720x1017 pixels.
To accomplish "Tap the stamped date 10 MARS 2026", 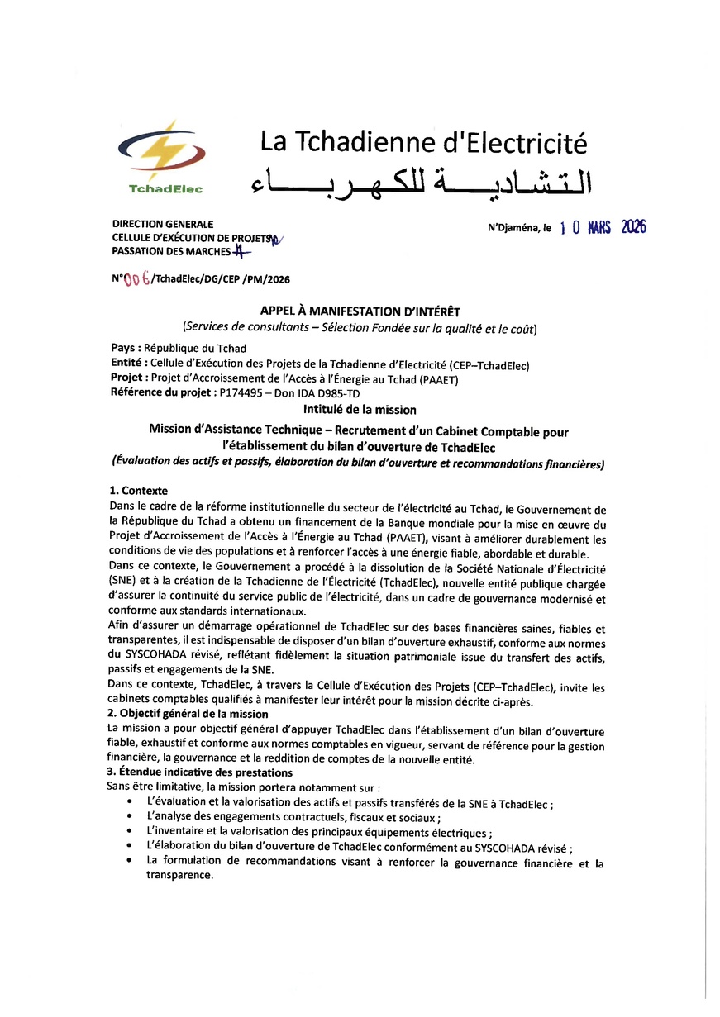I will pyautogui.click(x=603, y=228).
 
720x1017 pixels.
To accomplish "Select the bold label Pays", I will pyautogui.click(x=125, y=349).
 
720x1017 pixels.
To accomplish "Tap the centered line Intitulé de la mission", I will pyautogui.click(x=359, y=409).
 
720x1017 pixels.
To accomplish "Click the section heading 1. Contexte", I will pyautogui.click(x=138, y=490).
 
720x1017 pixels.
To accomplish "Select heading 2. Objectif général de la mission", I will pyautogui.click(x=188, y=713).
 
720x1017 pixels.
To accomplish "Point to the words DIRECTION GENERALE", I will pyautogui.click(x=162, y=224).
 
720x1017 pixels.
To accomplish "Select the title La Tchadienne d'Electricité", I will pyautogui.click(x=423, y=142).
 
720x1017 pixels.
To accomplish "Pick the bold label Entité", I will pyautogui.click(x=129, y=364).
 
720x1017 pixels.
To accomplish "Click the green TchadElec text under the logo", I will pyautogui.click(x=165, y=189).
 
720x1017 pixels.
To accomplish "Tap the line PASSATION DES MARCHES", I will pyautogui.click(x=170, y=250).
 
